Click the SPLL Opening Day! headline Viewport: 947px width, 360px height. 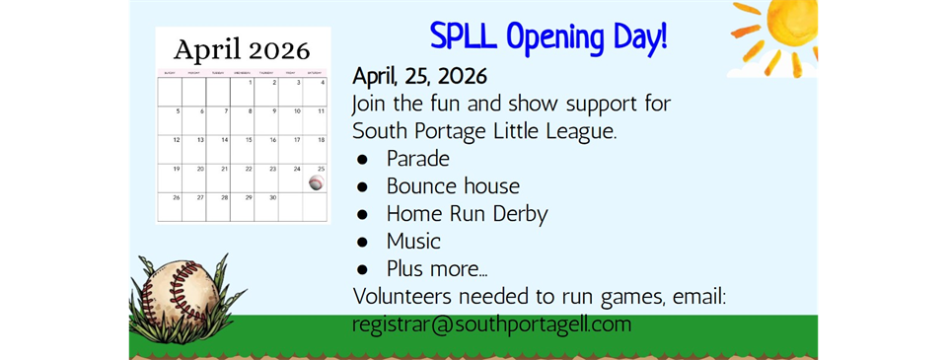click(x=548, y=36)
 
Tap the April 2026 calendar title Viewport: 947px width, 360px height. click(x=242, y=48)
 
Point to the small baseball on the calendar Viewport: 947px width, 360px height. click(x=316, y=183)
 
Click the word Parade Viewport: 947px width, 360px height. click(x=418, y=159)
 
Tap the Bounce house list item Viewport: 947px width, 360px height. click(x=453, y=185)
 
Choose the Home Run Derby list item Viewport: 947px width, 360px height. click(x=467, y=213)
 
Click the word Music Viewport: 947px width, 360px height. click(x=413, y=241)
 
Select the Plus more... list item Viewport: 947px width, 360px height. click(x=437, y=268)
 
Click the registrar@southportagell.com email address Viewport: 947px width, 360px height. click(x=491, y=324)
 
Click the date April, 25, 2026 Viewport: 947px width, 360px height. click(x=419, y=76)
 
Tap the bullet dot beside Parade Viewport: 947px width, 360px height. click(x=363, y=159)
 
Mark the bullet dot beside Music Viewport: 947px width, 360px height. click(x=363, y=241)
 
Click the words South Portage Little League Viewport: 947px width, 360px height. click(x=483, y=131)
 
